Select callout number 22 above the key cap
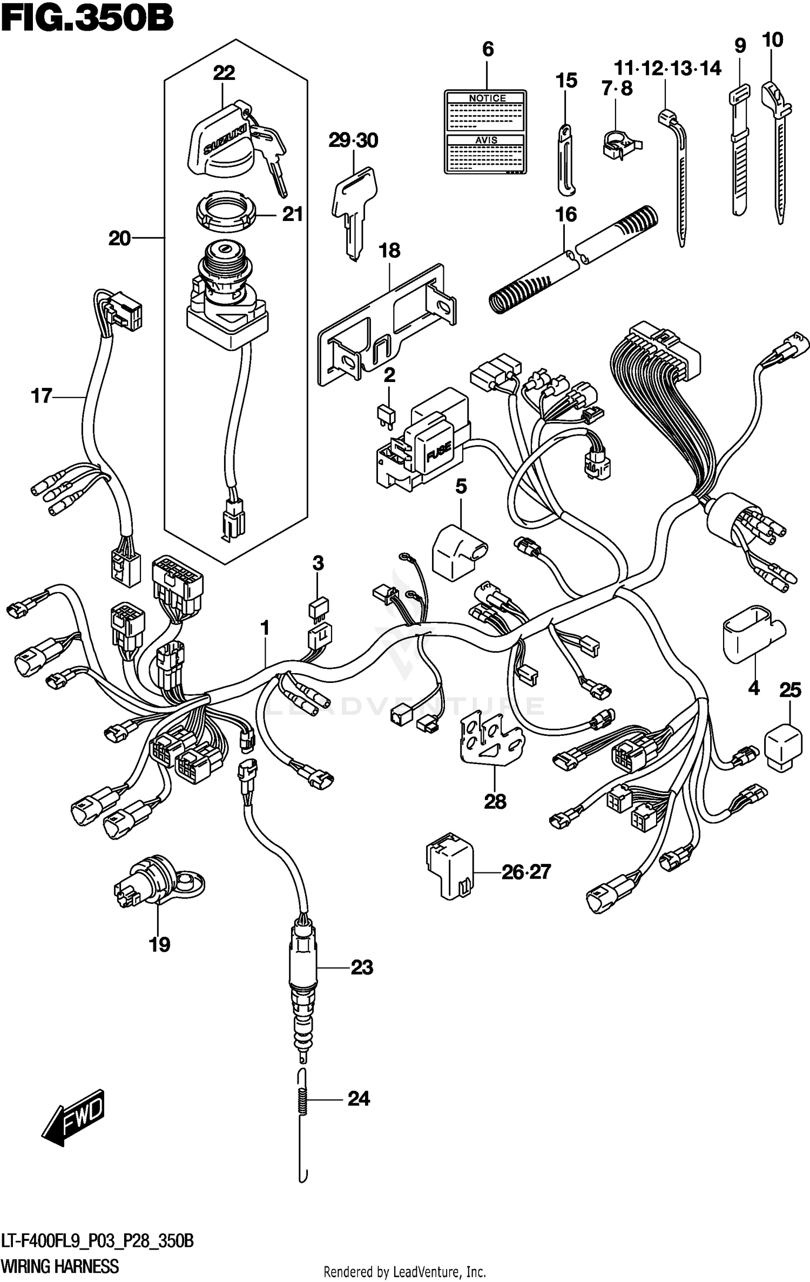[x=224, y=73]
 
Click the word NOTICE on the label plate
[x=487, y=98]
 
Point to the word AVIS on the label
[x=485, y=140]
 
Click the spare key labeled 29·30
[x=354, y=211]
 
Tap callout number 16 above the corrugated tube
[x=565, y=215]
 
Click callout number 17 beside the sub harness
[x=42, y=397]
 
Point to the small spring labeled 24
[x=303, y=1099]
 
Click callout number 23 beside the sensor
[x=361, y=967]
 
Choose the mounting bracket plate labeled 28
[x=490, y=739]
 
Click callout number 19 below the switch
[x=159, y=944]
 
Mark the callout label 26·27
[x=525, y=872]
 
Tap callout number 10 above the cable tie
[x=772, y=40]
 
